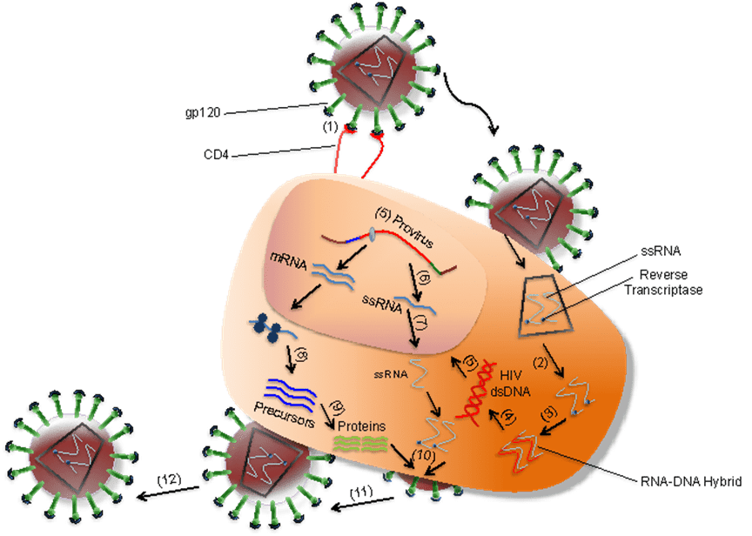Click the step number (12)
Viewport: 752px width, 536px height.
(x=169, y=478)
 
